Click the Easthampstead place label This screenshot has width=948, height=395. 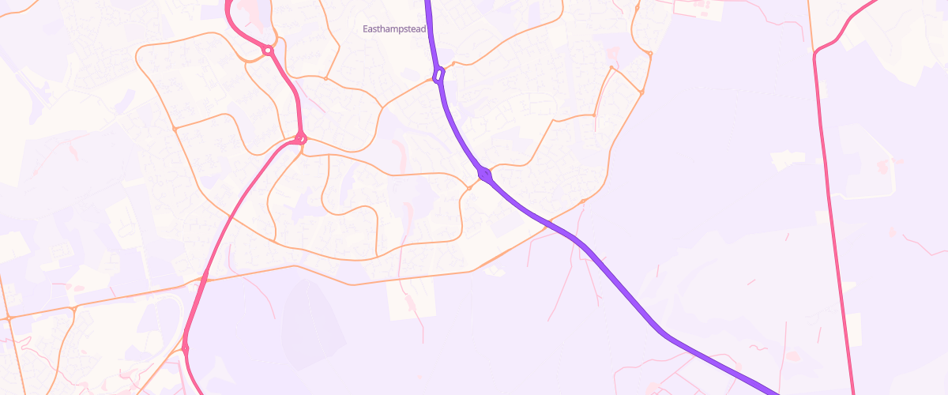coord(393,29)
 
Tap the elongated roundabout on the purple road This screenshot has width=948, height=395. coord(438,75)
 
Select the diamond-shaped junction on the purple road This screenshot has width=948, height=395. coord(483,172)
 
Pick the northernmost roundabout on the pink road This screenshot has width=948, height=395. coord(268,51)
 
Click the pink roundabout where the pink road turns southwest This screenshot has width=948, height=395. coord(300,139)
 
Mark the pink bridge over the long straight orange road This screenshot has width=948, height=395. coord(204,278)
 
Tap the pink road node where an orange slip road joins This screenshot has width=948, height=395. coord(186,347)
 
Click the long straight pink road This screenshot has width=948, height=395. coord(833,221)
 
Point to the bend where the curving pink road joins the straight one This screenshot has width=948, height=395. coord(816,53)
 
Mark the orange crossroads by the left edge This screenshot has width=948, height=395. coord(9,318)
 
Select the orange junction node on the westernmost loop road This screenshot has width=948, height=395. coord(175,127)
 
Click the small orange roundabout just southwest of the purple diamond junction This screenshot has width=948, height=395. coord(469,188)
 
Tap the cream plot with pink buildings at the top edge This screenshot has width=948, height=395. coord(699,8)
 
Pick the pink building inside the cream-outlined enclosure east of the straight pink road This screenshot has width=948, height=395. coord(882,166)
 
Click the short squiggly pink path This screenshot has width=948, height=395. coord(758,348)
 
